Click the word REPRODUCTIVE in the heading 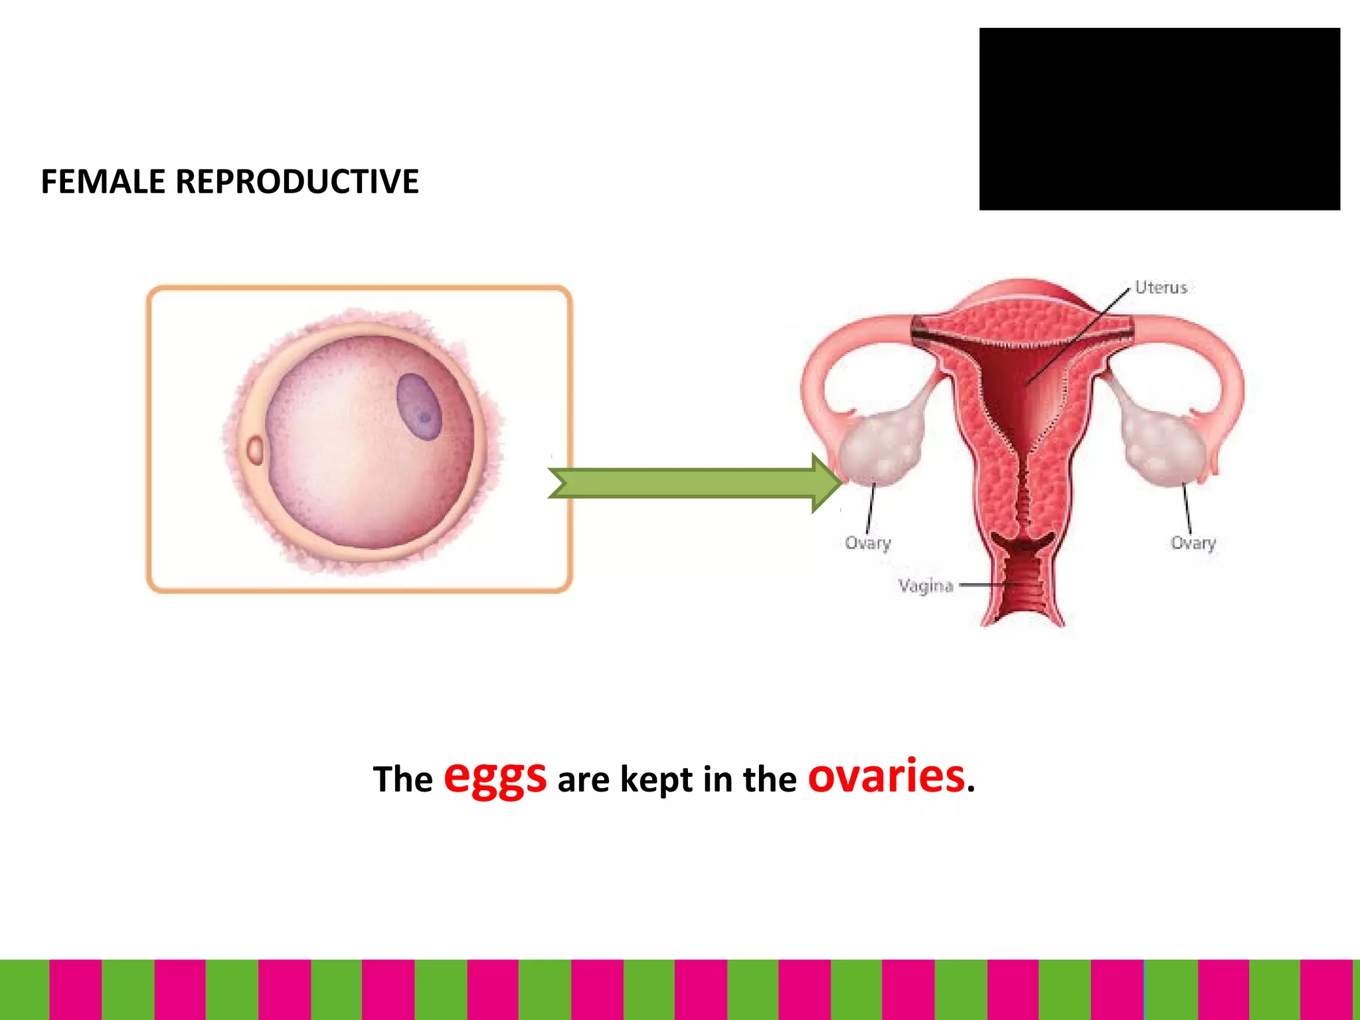click(x=297, y=181)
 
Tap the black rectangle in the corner click(x=1159, y=120)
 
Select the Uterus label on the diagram click(x=1160, y=288)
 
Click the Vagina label click(x=926, y=586)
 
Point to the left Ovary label click(x=867, y=543)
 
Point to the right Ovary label click(x=1193, y=543)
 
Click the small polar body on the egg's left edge click(x=255, y=450)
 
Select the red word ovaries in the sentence click(x=886, y=776)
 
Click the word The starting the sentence click(x=402, y=779)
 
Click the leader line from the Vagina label click(x=983, y=586)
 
